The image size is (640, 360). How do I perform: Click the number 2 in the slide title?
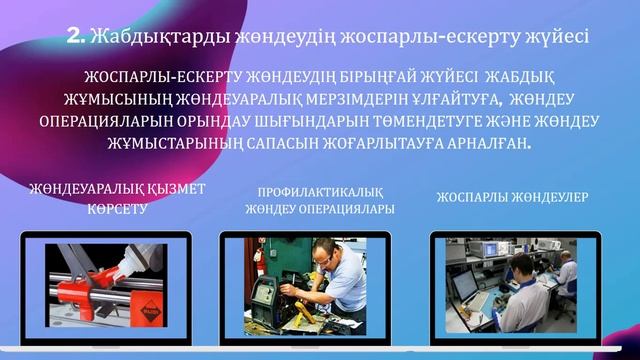point(74,37)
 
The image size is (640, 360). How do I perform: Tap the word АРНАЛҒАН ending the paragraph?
point(486,143)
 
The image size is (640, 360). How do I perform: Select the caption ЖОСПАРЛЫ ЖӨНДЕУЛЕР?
point(510,198)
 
